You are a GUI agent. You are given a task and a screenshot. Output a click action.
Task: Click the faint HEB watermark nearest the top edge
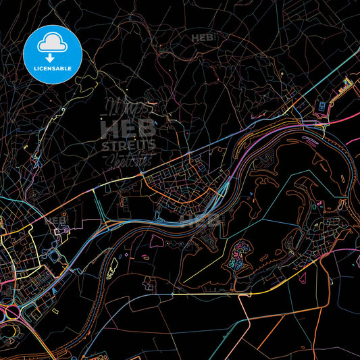coord(202,38)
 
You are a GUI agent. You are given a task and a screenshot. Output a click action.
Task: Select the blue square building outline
coord(322,105)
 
